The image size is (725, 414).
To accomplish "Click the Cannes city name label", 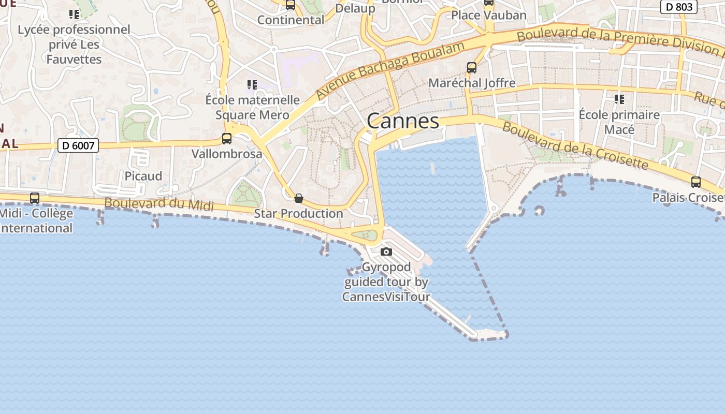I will point(403,121).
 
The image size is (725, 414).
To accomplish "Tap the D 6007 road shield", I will point(78,145).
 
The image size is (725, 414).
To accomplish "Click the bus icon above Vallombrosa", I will point(227,139).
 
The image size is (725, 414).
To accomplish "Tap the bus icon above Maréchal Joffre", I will point(472,68).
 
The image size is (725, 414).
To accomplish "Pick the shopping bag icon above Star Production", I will point(298,198).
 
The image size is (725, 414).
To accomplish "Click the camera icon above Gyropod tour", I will point(386,252).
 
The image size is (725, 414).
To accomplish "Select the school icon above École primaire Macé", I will point(619,99).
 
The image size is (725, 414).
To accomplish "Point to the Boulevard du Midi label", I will point(159,203).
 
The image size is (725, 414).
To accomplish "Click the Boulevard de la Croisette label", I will point(575,144).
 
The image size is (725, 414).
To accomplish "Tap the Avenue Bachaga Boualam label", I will point(383,69).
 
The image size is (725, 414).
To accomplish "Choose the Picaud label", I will point(143,176).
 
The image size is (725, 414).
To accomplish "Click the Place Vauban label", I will point(489,15).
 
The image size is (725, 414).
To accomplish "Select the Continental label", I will point(291,20).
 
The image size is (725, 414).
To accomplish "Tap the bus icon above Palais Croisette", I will point(696,182).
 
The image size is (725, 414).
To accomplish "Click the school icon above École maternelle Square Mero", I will point(252,84).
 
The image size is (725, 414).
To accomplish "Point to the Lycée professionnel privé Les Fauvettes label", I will point(74,45).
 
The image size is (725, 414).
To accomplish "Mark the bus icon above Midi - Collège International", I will point(35,198).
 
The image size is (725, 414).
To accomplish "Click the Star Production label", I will point(298,213).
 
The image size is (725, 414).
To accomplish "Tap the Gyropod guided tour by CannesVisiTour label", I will point(386,282).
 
